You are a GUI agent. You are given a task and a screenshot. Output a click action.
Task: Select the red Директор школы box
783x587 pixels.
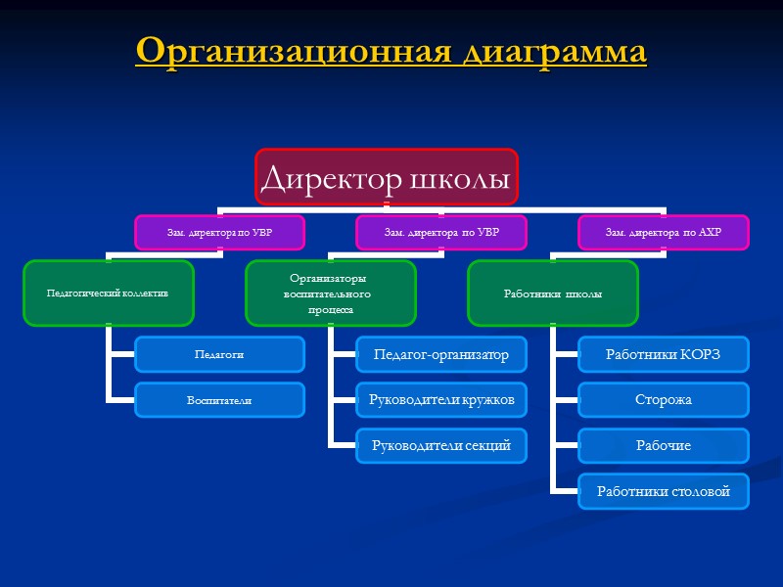[386, 179]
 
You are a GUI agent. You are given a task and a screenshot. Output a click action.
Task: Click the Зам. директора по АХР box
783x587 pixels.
[663, 232]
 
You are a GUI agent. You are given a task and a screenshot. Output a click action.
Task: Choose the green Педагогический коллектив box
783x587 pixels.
[109, 293]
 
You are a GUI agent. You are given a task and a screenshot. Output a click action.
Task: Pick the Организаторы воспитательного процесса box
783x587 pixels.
[331, 293]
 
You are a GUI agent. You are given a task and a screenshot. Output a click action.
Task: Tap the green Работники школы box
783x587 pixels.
[552, 293]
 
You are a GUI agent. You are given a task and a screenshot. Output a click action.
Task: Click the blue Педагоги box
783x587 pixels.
[219, 354]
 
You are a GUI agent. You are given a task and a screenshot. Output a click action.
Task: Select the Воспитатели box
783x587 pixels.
[219, 400]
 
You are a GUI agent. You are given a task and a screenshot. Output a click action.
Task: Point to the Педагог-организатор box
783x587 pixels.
[440, 354]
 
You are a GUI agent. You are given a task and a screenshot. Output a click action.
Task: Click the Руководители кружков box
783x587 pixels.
[440, 399]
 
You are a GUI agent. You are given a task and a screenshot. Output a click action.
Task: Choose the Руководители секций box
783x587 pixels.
[440, 445]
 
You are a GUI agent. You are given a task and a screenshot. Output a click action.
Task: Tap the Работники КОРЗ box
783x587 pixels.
[663, 354]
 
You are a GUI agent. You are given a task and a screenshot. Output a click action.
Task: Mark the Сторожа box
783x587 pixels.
[663, 399]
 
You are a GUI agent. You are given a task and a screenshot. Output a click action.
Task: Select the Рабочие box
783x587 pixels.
[663, 445]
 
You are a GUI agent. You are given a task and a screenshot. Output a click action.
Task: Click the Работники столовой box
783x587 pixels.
[663, 491]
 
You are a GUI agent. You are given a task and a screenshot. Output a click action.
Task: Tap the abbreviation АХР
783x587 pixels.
[710, 233]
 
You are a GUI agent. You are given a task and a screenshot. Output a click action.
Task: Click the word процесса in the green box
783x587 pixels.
[331, 308]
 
